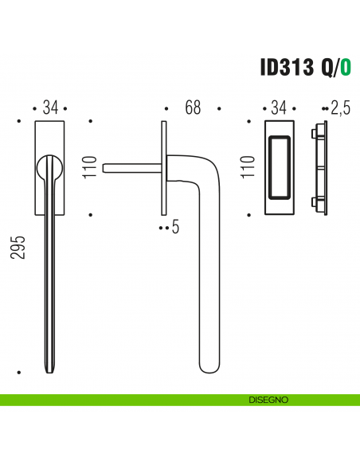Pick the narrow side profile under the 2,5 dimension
[x=322, y=168]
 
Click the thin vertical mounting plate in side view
[x=163, y=167]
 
